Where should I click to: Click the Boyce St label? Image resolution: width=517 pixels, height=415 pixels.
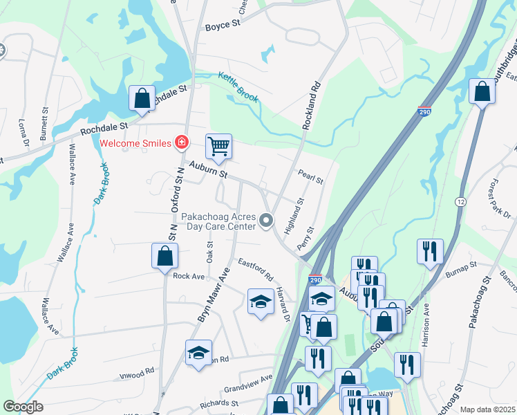[222, 26]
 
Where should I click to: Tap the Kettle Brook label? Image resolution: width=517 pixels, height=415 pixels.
[238, 87]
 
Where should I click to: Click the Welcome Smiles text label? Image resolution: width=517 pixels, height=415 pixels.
[135, 143]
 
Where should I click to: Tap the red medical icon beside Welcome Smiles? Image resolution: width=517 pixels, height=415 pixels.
[182, 142]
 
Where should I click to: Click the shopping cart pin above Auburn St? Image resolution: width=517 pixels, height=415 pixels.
[218, 147]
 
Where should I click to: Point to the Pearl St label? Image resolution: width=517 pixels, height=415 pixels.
[310, 177]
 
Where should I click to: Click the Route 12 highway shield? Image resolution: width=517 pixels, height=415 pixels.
[460, 201]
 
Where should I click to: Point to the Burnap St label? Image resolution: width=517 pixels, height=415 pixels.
[461, 268]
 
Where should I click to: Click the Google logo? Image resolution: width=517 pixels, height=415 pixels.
[23, 407]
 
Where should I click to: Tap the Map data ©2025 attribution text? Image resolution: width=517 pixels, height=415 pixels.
[487, 409]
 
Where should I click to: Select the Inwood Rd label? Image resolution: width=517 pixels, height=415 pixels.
[135, 372]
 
